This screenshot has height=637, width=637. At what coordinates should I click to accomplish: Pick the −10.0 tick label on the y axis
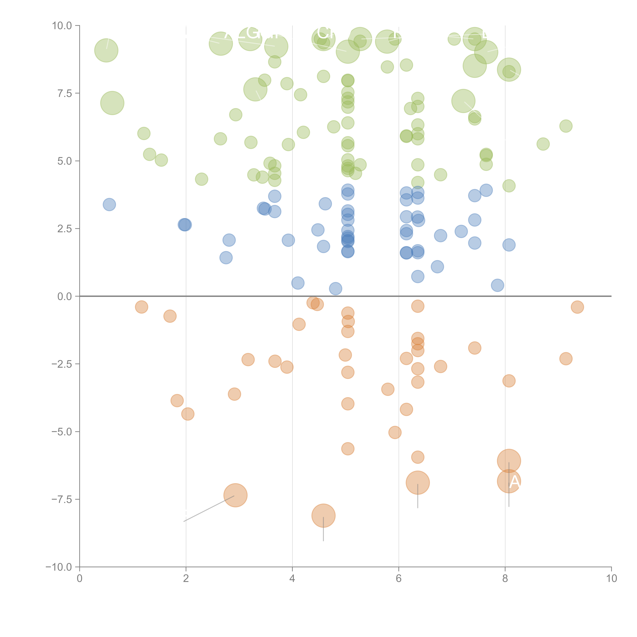tap(59, 567)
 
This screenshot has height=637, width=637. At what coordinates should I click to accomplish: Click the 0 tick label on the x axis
tap(79, 579)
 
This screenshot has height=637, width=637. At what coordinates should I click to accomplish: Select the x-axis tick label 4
tap(292, 579)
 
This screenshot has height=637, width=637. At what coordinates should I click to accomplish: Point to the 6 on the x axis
tap(399, 579)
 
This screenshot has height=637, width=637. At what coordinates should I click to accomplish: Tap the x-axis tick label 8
tap(505, 579)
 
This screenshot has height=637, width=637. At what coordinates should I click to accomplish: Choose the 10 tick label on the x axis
tap(611, 579)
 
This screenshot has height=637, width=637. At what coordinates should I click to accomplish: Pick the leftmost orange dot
tap(141, 307)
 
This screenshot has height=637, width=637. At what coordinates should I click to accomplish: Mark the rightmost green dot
tap(566, 126)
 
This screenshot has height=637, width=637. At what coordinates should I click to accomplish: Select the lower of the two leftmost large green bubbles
tap(112, 103)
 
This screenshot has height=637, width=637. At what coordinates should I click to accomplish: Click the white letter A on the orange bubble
tap(515, 482)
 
